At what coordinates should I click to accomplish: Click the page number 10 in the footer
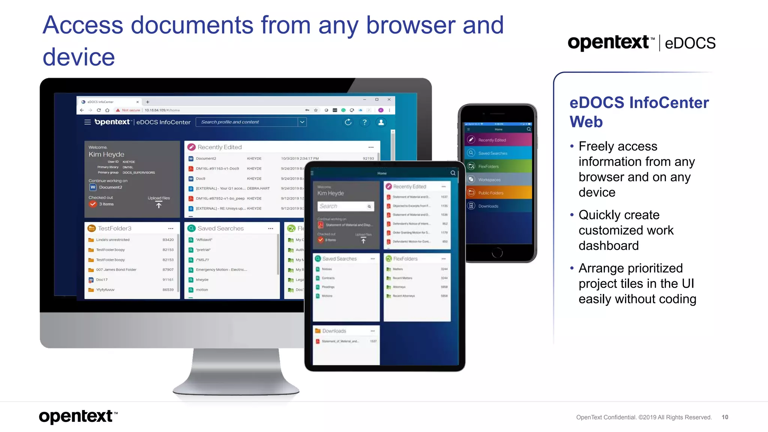pyautogui.click(x=725, y=417)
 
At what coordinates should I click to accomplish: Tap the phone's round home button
pyautogui.click(x=497, y=253)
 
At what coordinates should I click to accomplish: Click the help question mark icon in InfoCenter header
pyautogui.click(x=364, y=122)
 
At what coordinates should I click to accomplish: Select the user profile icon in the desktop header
pyautogui.click(x=381, y=122)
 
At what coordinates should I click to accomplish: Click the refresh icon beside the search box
pyautogui.click(x=348, y=122)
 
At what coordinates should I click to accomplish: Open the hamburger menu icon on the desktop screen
pyautogui.click(x=87, y=122)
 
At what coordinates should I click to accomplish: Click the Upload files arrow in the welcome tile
pyautogui.click(x=159, y=205)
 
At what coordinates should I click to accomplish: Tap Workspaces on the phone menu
pyautogui.click(x=489, y=180)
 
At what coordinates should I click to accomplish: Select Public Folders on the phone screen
pyautogui.click(x=490, y=193)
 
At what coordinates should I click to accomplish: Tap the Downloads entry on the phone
pyautogui.click(x=488, y=206)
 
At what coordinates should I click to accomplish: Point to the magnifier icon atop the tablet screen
pyautogui.click(x=453, y=173)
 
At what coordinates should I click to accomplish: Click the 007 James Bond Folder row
pyautogui.click(x=116, y=270)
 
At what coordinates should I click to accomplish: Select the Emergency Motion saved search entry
pyautogui.click(x=221, y=270)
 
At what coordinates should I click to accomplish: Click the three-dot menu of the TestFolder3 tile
pyautogui.click(x=171, y=228)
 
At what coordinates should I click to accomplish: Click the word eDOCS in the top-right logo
pyautogui.click(x=690, y=43)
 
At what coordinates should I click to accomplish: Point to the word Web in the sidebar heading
pyautogui.click(x=586, y=122)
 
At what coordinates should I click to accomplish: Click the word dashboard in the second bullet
pyautogui.click(x=608, y=246)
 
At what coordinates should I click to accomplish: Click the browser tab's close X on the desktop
pyautogui.click(x=138, y=102)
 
